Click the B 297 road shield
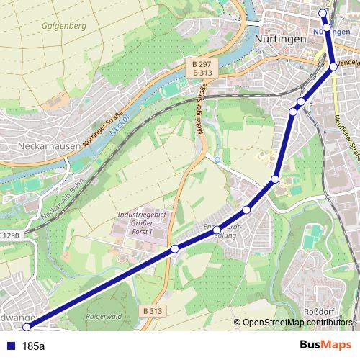pos(202,64)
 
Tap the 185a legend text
pos(34,346)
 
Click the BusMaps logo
pos(325,346)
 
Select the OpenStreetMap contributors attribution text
pos(296,323)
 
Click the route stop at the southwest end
pos(27,328)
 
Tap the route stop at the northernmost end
pos(323,12)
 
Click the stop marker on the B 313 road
pos(175,249)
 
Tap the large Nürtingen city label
pos(282,40)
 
